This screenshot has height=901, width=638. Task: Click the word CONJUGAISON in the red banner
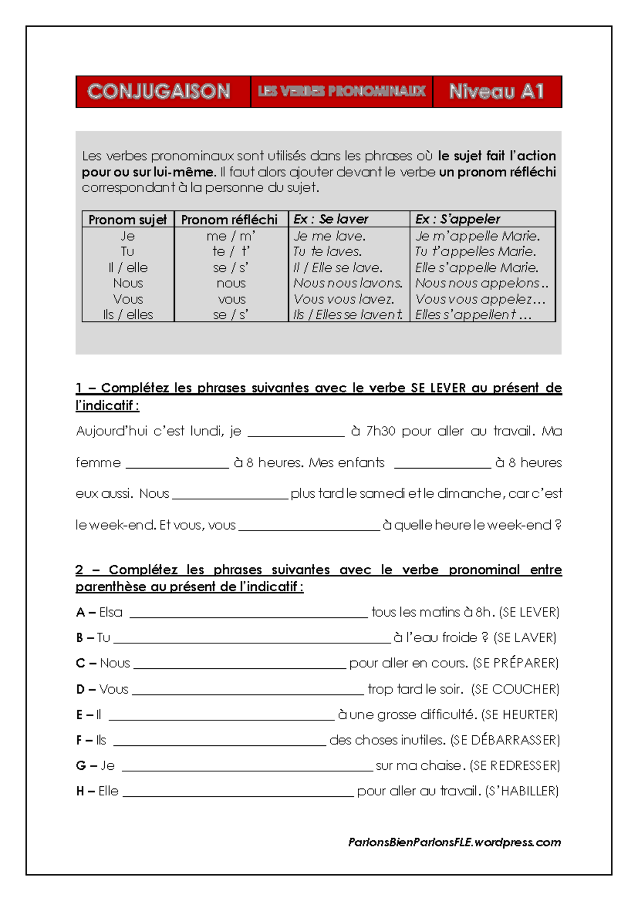158,91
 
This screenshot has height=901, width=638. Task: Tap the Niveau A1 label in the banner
496,91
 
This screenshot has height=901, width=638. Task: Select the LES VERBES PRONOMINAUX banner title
341,91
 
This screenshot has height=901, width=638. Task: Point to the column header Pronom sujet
128,219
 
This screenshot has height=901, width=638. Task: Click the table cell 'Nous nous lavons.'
348,283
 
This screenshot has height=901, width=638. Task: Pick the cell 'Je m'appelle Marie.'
477,236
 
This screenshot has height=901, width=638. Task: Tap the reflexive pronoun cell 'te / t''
231,251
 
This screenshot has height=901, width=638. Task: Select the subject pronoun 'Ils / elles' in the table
128,314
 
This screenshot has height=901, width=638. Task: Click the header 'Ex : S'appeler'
457,219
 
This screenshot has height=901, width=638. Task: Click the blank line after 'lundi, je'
296,432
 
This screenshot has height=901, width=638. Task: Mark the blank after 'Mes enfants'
442,464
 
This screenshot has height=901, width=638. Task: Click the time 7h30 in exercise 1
380,431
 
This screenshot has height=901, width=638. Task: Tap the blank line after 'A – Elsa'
248,614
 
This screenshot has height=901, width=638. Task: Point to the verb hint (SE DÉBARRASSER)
505,740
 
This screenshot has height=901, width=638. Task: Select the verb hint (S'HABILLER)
522,791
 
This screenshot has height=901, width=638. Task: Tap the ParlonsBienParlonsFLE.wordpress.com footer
455,842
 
